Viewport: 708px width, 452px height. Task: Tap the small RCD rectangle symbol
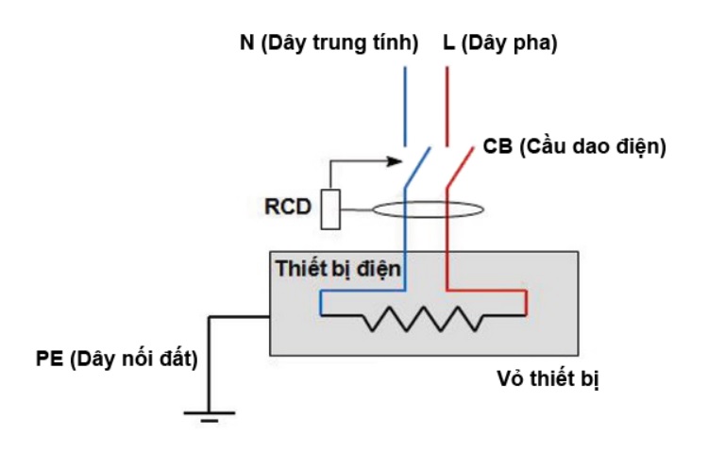click(x=329, y=209)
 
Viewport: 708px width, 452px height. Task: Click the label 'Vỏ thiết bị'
click(x=548, y=379)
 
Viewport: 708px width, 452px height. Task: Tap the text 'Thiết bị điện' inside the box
click(x=340, y=268)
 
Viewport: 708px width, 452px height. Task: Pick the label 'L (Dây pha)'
click(x=500, y=44)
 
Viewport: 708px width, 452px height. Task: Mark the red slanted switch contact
click(x=459, y=167)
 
